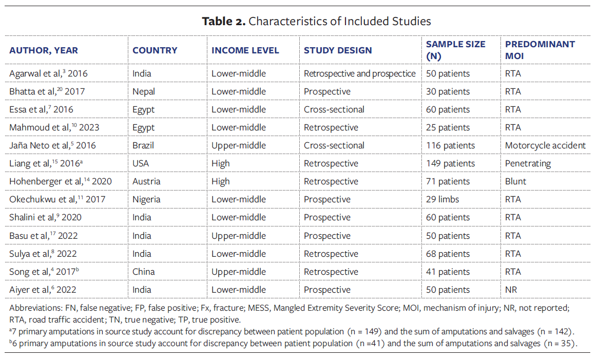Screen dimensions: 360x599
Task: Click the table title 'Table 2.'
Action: click(x=224, y=21)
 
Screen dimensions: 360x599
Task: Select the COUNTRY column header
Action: click(x=154, y=50)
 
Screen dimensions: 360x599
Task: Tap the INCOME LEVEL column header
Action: click(x=245, y=50)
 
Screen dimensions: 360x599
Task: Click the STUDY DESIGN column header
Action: click(x=338, y=50)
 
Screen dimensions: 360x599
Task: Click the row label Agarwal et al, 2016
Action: click(x=48, y=73)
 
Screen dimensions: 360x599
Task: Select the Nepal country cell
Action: click(x=144, y=91)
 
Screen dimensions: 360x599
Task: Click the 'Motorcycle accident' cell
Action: click(x=545, y=145)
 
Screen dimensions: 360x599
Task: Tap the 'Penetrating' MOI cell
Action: click(x=528, y=163)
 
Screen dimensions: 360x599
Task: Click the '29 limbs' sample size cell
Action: click(x=442, y=199)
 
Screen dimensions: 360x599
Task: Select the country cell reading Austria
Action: click(x=146, y=181)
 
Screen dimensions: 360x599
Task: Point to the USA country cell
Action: click(x=141, y=163)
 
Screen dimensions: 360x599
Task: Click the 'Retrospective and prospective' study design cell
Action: click(x=359, y=73)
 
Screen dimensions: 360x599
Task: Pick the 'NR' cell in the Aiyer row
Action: click(x=511, y=290)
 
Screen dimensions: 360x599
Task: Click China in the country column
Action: click(x=144, y=272)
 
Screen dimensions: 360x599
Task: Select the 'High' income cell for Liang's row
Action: click(x=221, y=163)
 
